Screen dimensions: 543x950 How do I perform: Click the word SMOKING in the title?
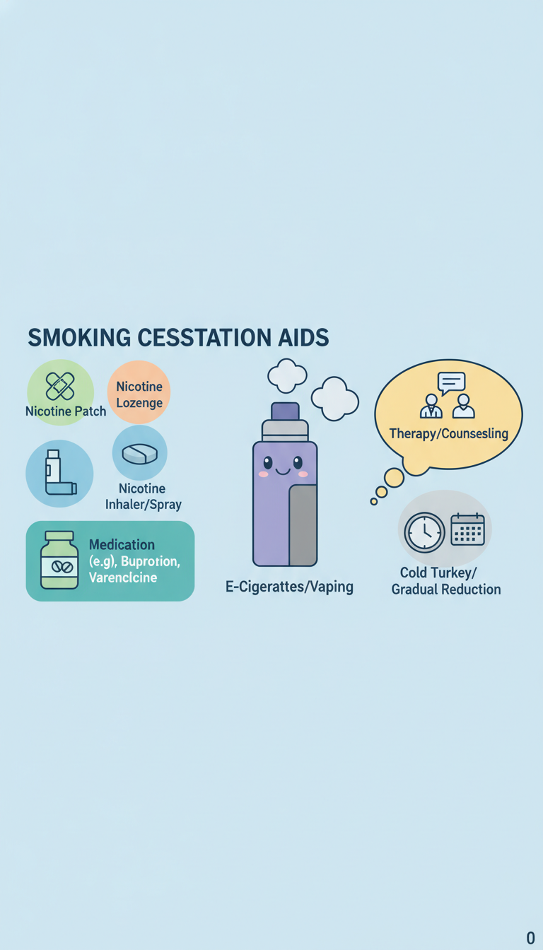click(x=79, y=338)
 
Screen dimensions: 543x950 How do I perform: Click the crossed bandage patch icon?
click(x=60, y=387)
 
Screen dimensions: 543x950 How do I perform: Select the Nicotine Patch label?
click(x=66, y=411)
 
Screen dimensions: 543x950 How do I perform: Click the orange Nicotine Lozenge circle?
click(x=139, y=392)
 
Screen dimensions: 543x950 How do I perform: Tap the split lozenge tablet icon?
click(x=139, y=453)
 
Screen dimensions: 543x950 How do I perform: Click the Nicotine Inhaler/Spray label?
click(x=144, y=496)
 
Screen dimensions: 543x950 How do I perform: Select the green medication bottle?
click(x=59, y=560)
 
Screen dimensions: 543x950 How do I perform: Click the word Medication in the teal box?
click(x=122, y=544)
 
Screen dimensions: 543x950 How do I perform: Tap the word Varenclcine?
click(x=123, y=577)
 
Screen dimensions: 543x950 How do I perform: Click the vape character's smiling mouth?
click(x=283, y=471)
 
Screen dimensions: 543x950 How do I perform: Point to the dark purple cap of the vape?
click(x=285, y=411)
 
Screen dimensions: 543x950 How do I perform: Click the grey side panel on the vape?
click(x=303, y=525)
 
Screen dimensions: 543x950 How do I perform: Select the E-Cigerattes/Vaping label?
click(x=289, y=587)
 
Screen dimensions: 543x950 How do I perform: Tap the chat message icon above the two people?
click(x=451, y=383)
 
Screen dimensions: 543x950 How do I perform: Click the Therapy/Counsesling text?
click(x=449, y=433)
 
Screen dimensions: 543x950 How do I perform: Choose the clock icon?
click(x=425, y=532)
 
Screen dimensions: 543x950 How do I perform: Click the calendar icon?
click(x=467, y=529)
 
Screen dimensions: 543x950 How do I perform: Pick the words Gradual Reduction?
click(x=446, y=589)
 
